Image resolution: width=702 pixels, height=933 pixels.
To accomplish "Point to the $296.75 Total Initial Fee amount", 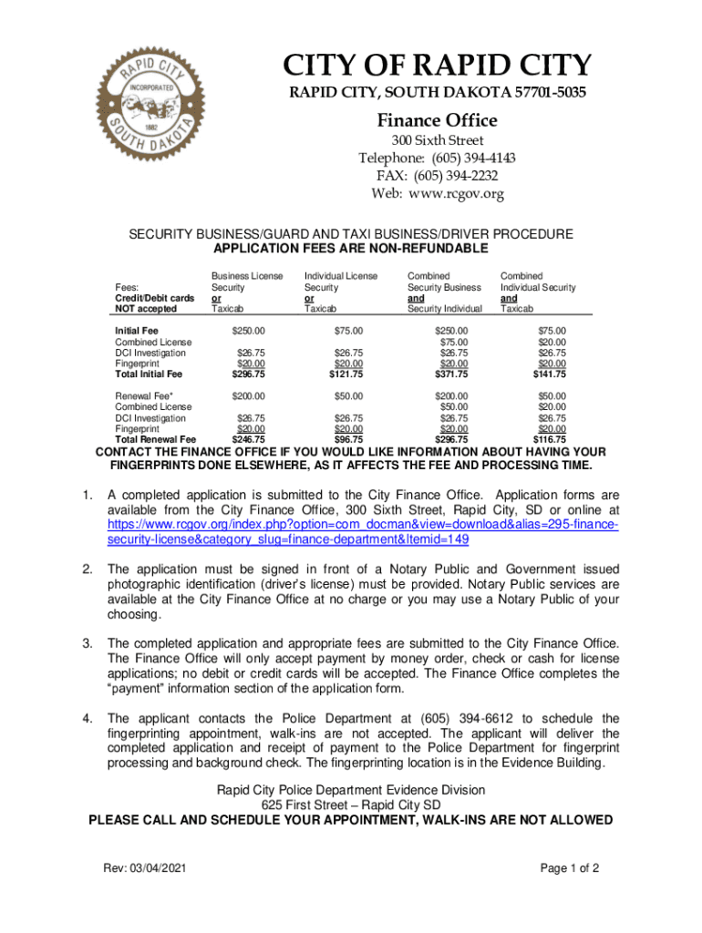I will pyautogui.click(x=249, y=374).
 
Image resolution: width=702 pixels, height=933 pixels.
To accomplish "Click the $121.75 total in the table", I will pyautogui.click(x=346, y=374).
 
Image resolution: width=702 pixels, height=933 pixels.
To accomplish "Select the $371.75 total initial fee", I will pyautogui.click(x=450, y=374).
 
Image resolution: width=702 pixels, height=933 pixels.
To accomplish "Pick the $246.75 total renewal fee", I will pyautogui.click(x=249, y=440).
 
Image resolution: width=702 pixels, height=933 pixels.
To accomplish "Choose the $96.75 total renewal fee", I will pyautogui.click(x=347, y=440).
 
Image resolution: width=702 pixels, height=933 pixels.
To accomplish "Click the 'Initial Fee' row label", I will pyautogui.click(x=137, y=331).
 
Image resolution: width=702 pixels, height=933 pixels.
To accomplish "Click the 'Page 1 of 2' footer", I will pyautogui.click(x=570, y=868).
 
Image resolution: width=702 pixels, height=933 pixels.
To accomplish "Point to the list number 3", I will pyautogui.click(x=88, y=643).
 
